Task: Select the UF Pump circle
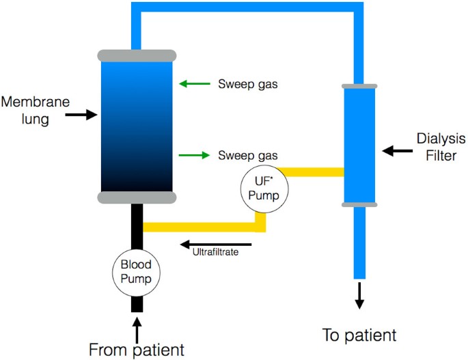pos(263,186)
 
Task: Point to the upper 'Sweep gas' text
pos(248,85)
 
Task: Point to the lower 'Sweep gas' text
pos(248,155)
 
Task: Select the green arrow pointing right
pos(194,155)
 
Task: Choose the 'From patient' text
pos(137,350)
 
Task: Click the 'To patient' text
pos(359,335)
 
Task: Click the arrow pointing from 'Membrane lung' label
pos(81,115)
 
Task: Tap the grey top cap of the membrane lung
pos(137,55)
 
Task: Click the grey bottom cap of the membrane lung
pos(137,197)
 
